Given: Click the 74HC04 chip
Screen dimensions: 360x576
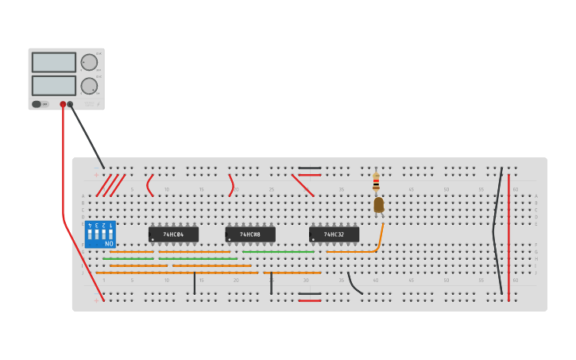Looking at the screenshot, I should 173,234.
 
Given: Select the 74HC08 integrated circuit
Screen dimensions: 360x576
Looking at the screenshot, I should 249,234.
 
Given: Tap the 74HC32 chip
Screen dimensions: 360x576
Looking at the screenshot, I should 334,234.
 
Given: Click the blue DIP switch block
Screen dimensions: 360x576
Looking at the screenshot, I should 100,234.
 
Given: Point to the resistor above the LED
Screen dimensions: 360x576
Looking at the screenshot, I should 376,183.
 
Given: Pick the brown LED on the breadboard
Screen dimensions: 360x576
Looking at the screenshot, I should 379,204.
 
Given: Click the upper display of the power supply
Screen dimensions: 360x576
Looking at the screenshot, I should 54,62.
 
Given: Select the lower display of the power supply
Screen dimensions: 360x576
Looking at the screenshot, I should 54,85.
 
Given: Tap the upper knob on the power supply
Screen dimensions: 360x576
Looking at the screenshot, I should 89,62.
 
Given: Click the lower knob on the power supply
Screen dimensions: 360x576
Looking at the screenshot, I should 89,86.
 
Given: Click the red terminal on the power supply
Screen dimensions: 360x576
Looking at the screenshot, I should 63,104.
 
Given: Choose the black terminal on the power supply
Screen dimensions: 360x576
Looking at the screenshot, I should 70,104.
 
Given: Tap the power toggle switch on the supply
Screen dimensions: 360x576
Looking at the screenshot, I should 37,104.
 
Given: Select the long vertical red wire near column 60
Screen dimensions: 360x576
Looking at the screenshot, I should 508,234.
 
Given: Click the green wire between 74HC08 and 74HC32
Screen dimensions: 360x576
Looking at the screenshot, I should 278,252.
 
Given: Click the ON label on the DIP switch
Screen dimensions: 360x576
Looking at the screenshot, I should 108,243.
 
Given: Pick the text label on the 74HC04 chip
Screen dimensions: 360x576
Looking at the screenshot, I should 173,234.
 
